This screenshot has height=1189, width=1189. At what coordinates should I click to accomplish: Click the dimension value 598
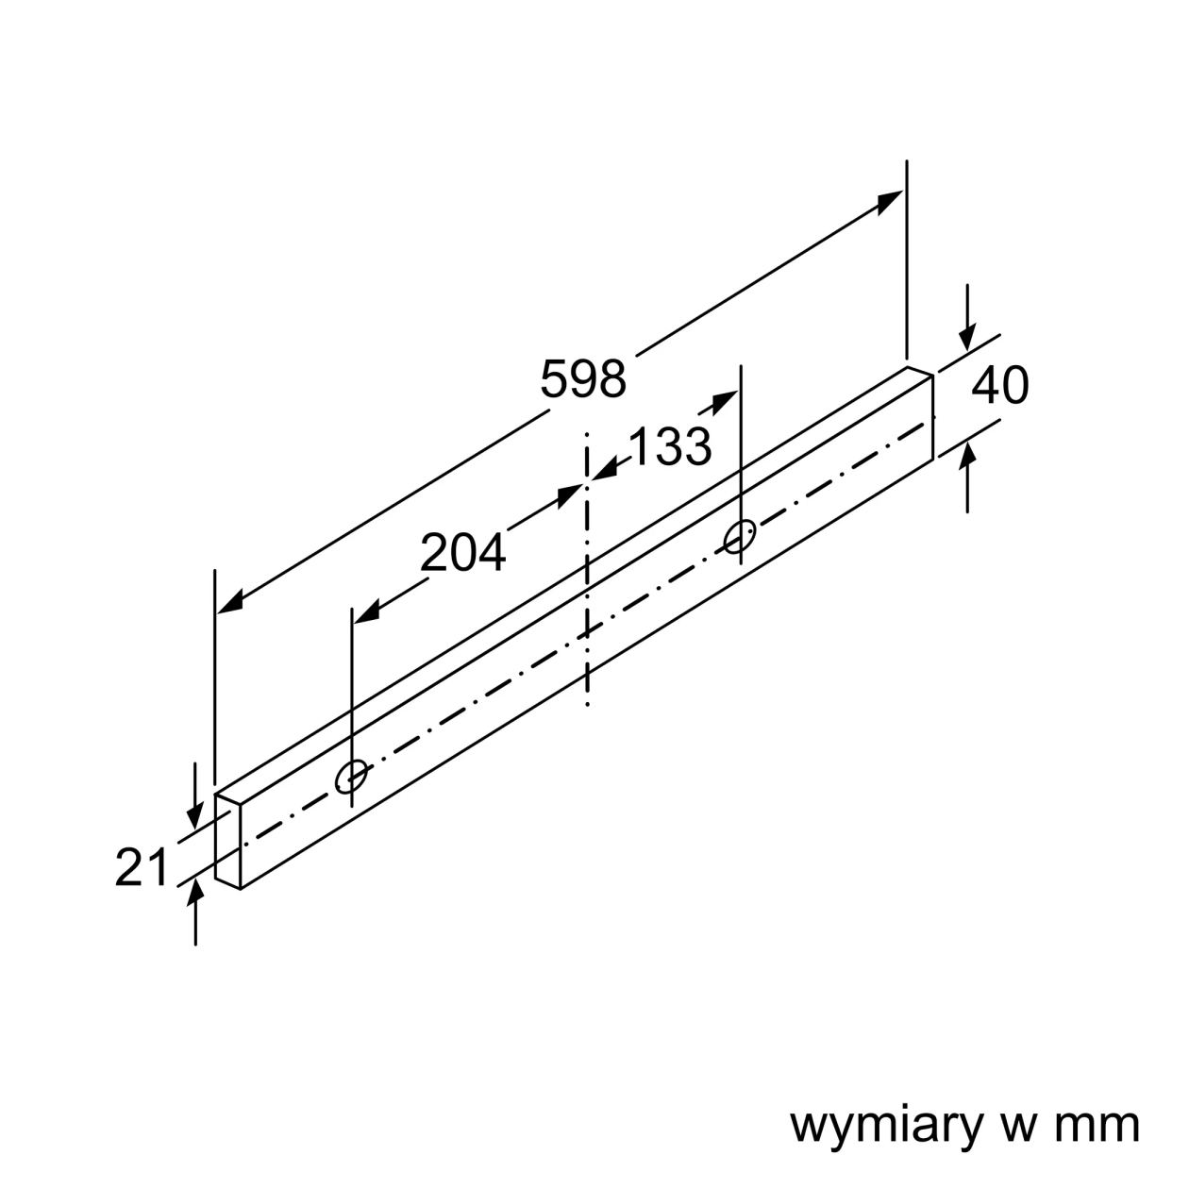click(583, 378)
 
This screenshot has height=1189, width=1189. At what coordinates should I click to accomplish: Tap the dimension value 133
click(670, 445)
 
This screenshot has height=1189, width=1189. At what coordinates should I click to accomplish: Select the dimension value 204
click(462, 552)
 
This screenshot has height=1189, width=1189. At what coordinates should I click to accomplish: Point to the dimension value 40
click(1000, 385)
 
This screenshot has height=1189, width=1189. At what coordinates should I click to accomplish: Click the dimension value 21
click(142, 867)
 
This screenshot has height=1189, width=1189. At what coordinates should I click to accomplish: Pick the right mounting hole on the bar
click(740, 536)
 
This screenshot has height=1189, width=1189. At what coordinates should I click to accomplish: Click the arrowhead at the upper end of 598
click(891, 202)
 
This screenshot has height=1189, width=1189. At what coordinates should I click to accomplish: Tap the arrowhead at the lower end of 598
click(229, 602)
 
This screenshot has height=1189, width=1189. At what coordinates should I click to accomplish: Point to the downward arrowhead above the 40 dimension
click(967, 338)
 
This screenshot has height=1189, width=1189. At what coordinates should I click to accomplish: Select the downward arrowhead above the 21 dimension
click(195, 813)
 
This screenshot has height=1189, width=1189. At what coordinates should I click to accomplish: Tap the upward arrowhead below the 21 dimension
click(195, 893)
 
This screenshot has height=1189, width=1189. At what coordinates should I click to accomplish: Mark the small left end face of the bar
click(227, 841)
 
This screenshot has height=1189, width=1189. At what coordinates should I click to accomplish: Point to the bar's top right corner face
click(919, 372)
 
